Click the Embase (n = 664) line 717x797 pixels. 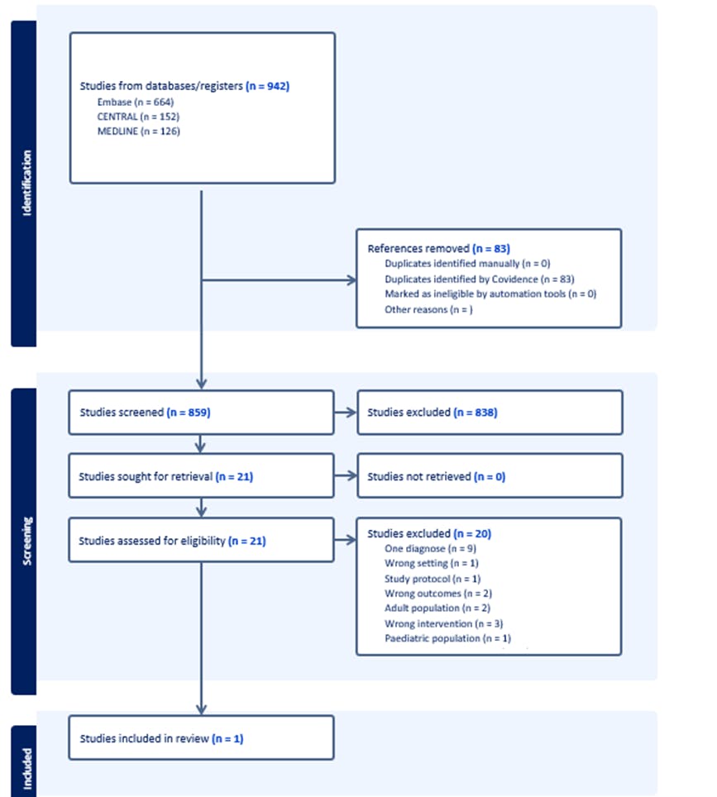136,103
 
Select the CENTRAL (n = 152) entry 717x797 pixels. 138,117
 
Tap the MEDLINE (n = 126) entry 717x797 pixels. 139,131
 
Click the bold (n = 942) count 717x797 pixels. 267,86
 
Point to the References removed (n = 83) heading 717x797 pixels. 439,249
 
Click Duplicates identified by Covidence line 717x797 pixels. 480,279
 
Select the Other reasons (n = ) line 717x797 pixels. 428,309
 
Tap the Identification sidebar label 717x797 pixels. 26,183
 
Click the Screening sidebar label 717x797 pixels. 26,542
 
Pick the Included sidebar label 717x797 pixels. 26,769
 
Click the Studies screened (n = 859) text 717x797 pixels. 145,413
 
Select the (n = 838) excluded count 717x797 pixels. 476,413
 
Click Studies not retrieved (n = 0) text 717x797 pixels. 437,477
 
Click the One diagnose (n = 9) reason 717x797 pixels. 431,548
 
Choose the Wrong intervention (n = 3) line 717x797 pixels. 444,623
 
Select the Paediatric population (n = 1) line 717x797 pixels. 448,638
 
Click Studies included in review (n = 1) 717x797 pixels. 162,738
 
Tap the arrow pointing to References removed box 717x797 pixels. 280,280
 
